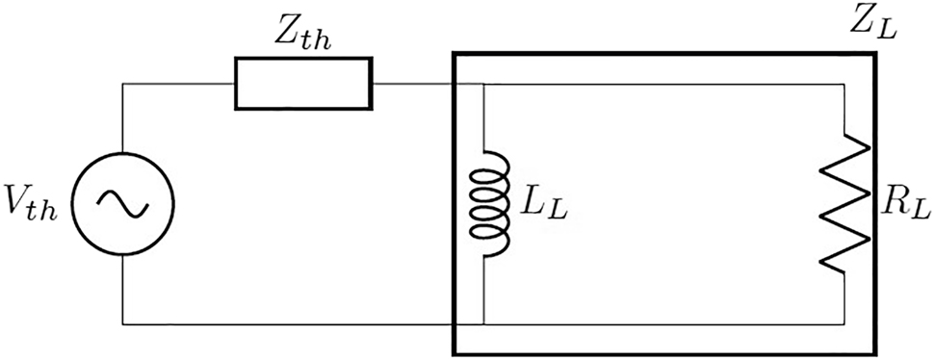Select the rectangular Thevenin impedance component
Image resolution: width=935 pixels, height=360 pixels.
pos(302,84)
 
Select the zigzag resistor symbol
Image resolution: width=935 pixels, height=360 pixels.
pos(844,203)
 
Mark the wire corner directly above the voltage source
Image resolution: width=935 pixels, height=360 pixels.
pos(124,84)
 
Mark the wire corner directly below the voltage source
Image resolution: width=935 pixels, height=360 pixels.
pos(124,323)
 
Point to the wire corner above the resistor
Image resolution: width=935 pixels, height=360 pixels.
pos(844,85)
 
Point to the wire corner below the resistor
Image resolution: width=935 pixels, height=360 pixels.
pos(844,323)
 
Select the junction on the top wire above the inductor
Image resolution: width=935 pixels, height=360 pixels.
pos(482,85)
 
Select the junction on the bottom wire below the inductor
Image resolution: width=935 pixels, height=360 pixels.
pos(482,323)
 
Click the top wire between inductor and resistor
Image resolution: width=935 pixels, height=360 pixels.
pos(664,85)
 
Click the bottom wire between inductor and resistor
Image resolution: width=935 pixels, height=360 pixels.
pos(664,323)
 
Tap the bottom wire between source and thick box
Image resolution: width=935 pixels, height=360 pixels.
pos(289,323)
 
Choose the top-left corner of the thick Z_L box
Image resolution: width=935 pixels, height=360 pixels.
pos(455,55)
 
